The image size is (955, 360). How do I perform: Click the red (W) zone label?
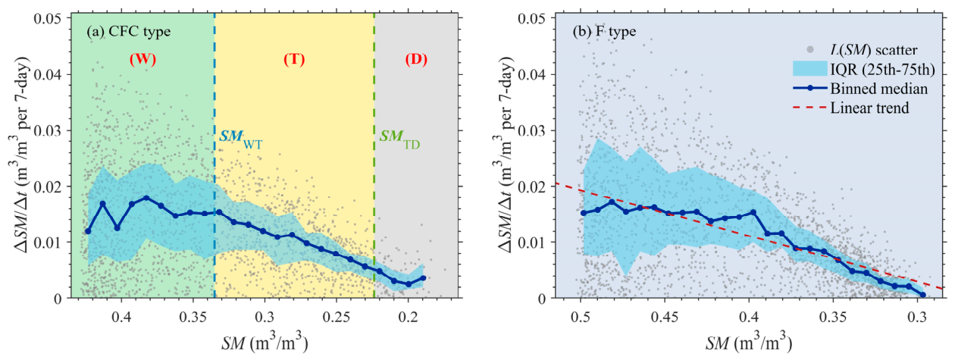pyautogui.click(x=142, y=59)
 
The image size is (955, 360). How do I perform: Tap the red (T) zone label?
pyautogui.click(x=294, y=59)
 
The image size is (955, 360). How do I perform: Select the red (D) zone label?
pyautogui.click(x=416, y=59)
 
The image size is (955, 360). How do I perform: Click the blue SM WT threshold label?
pyautogui.click(x=241, y=139)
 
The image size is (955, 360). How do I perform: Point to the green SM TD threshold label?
pyautogui.click(x=400, y=139)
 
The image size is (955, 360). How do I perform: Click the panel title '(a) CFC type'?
pyautogui.click(x=128, y=31)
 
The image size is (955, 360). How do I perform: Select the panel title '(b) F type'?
pyautogui.click(x=604, y=31)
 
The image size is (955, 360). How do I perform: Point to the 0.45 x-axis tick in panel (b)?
pyautogui.click(x=665, y=318)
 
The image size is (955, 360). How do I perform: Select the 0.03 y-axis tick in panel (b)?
pyautogui.click(x=533, y=130)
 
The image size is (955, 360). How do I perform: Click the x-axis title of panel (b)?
pyautogui.click(x=749, y=343)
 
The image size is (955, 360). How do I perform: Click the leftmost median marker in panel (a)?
pyautogui.click(x=88, y=231)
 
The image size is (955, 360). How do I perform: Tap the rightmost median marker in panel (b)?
pyautogui.click(x=923, y=295)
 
